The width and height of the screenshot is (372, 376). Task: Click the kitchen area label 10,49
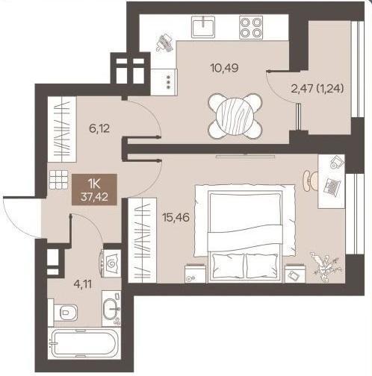(224, 68)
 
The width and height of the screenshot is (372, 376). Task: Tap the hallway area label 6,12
(99, 129)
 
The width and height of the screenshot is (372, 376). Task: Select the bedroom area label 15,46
(176, 218)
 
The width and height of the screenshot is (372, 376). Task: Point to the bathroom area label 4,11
(83, 283)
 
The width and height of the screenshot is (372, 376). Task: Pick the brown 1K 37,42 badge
(94, 189)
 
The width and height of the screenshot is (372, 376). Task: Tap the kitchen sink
(203, 27)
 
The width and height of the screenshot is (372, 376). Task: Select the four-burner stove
(251, 28)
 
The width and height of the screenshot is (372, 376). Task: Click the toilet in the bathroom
(66, 312)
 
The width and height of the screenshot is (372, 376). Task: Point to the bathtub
(84, 344)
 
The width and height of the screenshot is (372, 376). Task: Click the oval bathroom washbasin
(111, 309)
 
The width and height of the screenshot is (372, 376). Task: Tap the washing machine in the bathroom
(111, 263)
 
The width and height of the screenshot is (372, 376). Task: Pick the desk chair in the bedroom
(310, 181)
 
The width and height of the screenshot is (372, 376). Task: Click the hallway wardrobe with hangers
(62, 129)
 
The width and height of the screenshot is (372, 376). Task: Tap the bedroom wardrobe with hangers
(142, 240)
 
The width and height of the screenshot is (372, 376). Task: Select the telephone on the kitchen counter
(164, 43)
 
